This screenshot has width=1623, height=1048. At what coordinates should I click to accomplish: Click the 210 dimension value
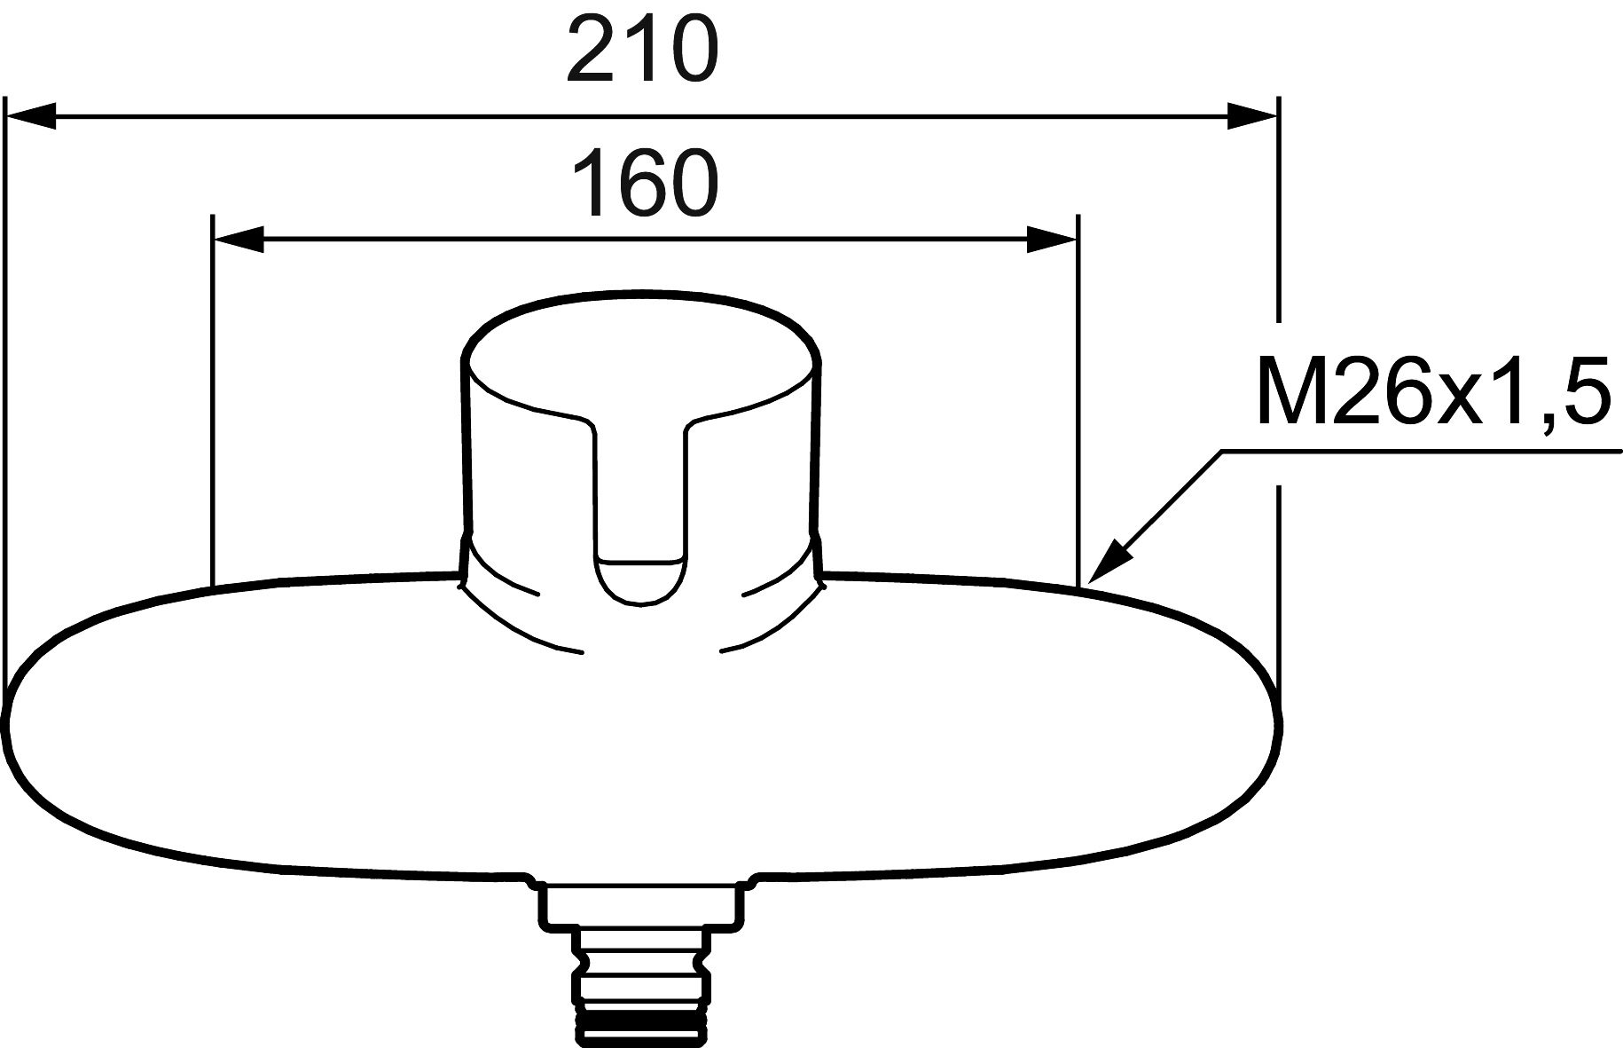click(640, 51)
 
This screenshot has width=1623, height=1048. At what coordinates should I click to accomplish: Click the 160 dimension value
click(645, 184)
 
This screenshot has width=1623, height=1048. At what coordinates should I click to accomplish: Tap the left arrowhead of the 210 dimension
click(31, 115)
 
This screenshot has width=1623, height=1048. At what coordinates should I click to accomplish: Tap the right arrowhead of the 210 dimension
click(1252, 115)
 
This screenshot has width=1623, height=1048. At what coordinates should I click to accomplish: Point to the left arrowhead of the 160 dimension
click(239, 239)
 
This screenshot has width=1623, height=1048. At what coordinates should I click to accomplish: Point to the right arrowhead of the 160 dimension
click(1052, 239)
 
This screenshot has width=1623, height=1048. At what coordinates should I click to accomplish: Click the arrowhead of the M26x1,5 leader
click(1107, 561)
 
